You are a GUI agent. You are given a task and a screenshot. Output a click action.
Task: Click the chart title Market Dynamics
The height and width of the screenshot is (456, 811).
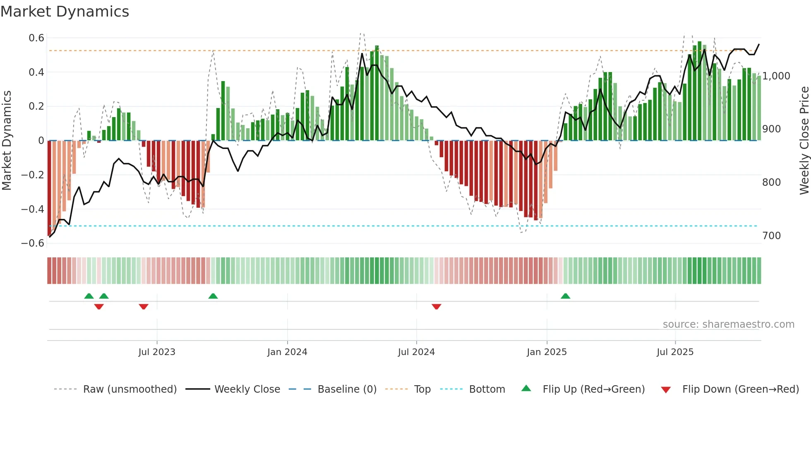(x=65, y=12)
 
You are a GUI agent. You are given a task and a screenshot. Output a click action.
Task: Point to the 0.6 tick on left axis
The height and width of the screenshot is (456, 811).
(x=36, y=38)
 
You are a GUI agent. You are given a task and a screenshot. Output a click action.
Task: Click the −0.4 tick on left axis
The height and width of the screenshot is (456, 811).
(x=33, y=209)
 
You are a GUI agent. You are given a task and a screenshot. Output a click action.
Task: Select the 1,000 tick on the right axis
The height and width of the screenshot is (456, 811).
(x=776, y=76)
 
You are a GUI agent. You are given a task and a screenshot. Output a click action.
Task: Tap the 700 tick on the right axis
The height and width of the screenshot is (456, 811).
(x=771, y=236)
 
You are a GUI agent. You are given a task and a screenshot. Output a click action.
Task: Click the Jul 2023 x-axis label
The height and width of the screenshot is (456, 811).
(x=157, y=352)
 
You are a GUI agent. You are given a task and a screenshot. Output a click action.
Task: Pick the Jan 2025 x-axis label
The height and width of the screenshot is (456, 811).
(x=547, y=352)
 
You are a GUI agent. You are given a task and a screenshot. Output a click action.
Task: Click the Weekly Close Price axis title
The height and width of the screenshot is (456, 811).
(x=804, y=140)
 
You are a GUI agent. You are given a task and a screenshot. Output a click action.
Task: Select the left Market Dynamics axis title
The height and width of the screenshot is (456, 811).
(x=7, y=140)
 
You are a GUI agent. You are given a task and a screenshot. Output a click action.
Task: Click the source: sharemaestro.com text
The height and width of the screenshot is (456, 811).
(x=728, y=324)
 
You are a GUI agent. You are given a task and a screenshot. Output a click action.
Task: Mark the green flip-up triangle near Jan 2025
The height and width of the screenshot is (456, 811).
(x=565, y=296)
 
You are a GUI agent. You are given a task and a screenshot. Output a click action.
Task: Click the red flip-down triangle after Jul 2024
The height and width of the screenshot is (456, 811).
(x=436, y=307)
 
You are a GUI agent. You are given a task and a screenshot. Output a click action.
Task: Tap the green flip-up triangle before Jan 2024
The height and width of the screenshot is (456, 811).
(x=213, y=296)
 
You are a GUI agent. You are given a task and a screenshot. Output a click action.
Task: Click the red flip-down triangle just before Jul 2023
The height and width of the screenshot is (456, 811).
(x=144, y=307)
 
